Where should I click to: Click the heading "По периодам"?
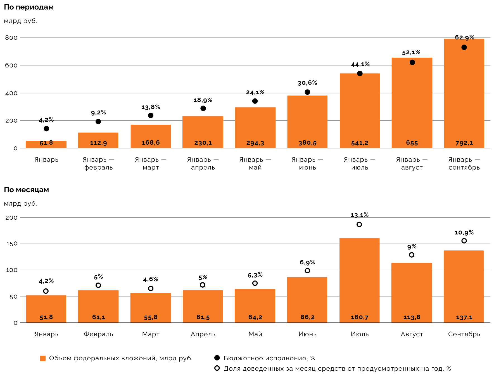point(29,7)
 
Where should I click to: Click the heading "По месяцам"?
point(27,190)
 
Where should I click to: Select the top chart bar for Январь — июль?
point(360,112)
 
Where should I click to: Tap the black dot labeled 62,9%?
point(464,47)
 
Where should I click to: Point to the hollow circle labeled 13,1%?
point(359,224)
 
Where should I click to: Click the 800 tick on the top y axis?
point(11,38)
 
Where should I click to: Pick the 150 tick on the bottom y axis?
point(11,244)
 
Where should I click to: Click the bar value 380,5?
point(307,143)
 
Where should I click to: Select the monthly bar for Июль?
point(360,280)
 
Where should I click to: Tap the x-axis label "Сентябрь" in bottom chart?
point(464,334)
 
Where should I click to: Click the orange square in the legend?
point(43,358)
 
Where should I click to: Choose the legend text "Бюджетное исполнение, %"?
point(269,358)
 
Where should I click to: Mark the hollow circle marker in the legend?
point(217,368)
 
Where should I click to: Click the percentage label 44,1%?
point(360,65)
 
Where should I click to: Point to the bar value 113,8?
point(412,317)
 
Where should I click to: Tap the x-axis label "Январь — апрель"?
point(203,163)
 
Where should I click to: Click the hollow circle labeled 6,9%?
point(307,271)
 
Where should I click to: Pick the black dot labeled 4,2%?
point(46,129)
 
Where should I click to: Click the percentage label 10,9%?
point(464,232)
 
